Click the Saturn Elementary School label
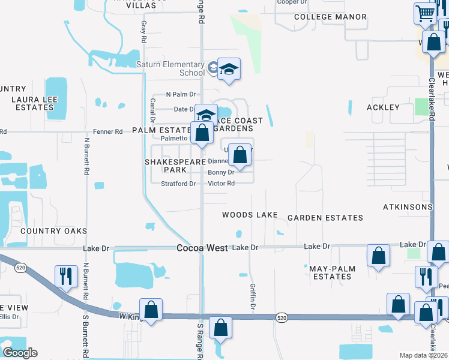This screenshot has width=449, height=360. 170,69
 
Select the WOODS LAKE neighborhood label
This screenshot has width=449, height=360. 250,215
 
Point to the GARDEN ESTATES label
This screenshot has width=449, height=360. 325,218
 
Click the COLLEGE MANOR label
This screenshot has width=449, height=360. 330,17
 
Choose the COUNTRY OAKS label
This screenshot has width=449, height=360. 53,231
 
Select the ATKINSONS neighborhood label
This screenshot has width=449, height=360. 408,207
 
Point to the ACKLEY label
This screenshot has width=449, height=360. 382,107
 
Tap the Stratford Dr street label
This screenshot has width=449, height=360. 178,184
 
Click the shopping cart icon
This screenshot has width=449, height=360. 425,13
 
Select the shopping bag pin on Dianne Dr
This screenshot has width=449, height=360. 240,155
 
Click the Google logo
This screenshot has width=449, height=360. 20,353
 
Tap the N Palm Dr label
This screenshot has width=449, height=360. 181,95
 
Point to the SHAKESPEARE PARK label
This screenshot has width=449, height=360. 170,166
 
